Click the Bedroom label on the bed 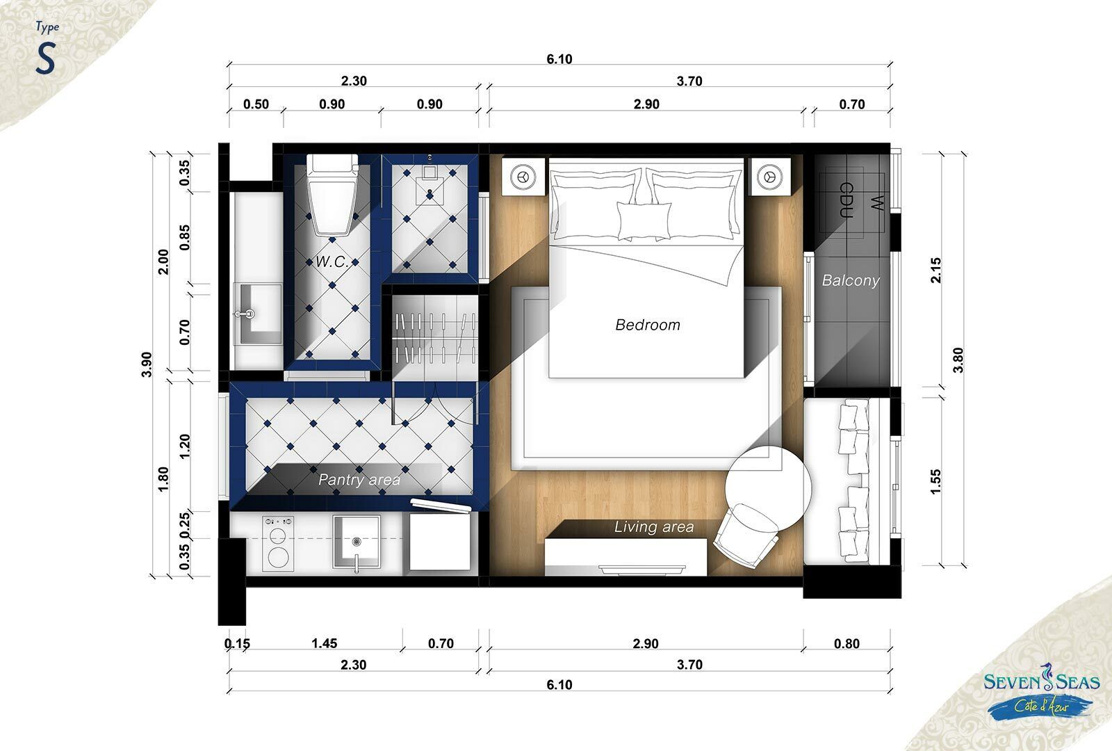[x=647, y=325]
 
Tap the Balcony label [x=851, y=281]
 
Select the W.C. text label [x=332, y=261]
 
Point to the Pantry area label [x=359, y=480]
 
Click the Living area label [x=654, y=526]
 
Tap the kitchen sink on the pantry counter [x=357, y=542]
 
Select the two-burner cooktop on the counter [x=278, y=543]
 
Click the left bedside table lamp [x=523, y=177]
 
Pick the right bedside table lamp [x=769, y=177]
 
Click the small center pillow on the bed [x=644, y=220]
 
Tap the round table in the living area [x=767, y=487]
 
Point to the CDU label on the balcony [x=847, y=200]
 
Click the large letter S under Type [x=45, y=58]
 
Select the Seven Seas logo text [x=1042, y=682]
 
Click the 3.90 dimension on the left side [x=147, y=364]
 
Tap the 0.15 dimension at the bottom [x=237, y=643]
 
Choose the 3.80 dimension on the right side [x=958, y=360]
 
